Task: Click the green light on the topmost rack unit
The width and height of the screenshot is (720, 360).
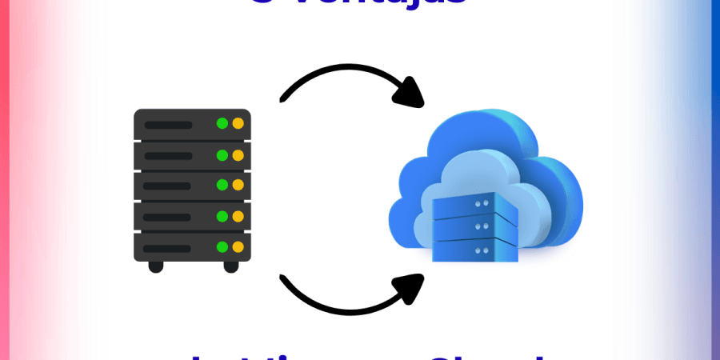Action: click(222, 124)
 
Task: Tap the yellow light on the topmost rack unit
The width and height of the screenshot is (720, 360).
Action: click(237, 124)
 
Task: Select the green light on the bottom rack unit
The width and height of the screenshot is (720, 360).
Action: click(222, 246)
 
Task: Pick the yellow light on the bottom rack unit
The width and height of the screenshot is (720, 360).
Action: click(237, 246)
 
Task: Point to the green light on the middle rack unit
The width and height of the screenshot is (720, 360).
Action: click(222, 185)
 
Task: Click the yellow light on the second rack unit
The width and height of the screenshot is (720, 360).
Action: click(237, 154)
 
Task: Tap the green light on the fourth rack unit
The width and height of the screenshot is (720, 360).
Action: click(222, 215)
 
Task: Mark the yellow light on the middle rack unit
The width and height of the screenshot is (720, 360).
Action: click(237, 185)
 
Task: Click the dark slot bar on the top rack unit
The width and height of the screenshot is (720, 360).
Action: click(168, 125)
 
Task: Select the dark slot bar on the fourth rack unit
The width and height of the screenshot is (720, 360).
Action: click(168, 216)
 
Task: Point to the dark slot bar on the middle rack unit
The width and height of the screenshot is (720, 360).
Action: click(168, 186)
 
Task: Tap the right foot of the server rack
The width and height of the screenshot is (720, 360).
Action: click(230, 266)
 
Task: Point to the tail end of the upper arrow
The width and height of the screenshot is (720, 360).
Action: click(282, 99)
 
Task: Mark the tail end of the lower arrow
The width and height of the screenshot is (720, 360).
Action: click(282, 277)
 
